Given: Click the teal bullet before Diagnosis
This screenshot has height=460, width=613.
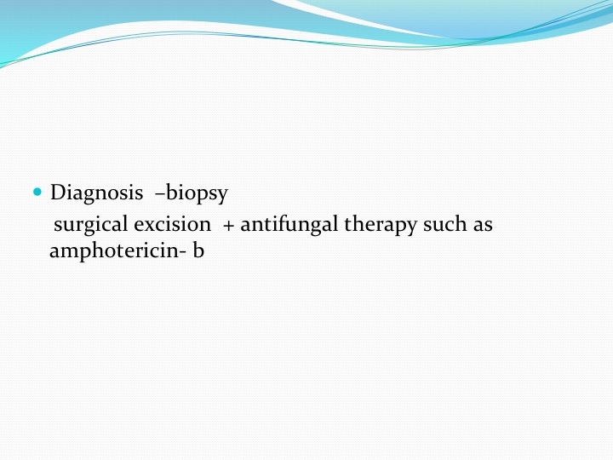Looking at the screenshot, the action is pos(37,192).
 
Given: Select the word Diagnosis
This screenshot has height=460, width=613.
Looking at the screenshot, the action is pos(96,193).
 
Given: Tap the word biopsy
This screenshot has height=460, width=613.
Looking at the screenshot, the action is pos(197,193).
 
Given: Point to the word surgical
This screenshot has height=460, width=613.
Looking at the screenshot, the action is pos(91,225).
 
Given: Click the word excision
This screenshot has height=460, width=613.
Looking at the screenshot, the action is pos(172,224).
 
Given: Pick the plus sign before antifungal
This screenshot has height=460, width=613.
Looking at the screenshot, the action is pos(228,226).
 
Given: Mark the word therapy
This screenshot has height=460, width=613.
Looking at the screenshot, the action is pos(380,226).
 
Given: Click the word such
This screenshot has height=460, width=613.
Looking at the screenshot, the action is pos(445,224).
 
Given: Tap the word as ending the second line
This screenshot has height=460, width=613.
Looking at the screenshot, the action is pos(483,227).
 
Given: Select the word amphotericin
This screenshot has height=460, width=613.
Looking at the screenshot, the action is pos(113,250).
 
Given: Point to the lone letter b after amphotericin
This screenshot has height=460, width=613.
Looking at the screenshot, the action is pos(198,250).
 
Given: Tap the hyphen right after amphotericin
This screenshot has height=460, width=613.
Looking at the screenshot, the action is pos(182,253).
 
